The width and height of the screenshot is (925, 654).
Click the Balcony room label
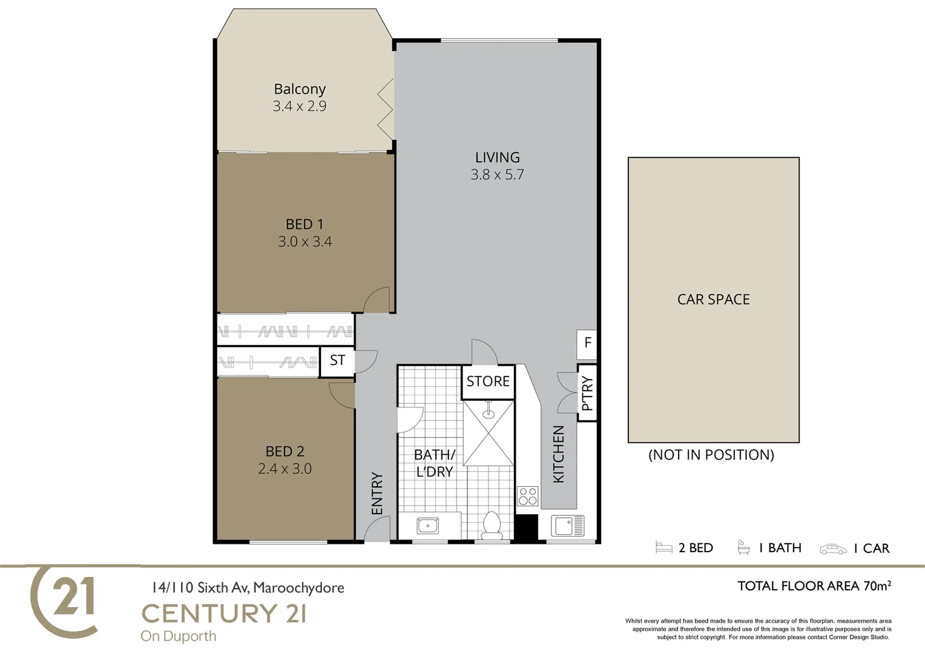(x=300, y=89)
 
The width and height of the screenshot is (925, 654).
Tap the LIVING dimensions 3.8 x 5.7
(x=497, y=175)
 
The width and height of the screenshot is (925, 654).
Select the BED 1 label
(x=304, y=225)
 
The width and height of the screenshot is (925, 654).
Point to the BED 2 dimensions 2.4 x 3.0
(x=285, y=469)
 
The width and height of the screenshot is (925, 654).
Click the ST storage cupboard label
(x=337, y=361)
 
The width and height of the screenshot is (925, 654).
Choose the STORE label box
(x=488, y=381)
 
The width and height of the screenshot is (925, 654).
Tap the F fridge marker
(x=587, y=343)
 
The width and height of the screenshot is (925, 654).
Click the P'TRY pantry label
(x=587, y=394)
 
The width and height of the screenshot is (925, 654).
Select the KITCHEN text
(x=559, y=454)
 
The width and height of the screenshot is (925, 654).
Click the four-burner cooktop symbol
(x=528, y=496)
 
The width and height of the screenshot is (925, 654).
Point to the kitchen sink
(x=567, y=526)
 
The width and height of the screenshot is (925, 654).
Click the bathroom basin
(x=428, y=526)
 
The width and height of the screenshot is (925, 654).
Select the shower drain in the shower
(x=489, y=415)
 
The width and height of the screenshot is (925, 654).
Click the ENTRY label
(x=377, y=494)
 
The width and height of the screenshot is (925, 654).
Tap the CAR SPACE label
(x=713, y=300)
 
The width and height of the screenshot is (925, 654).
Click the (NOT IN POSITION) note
(x=711, y=455)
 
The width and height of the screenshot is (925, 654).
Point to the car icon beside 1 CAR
(x=833, y=549)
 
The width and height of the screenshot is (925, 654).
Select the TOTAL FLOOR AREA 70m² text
(x=814, y=586)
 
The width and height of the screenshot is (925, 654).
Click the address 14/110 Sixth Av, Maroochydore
(x=248, y=587)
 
